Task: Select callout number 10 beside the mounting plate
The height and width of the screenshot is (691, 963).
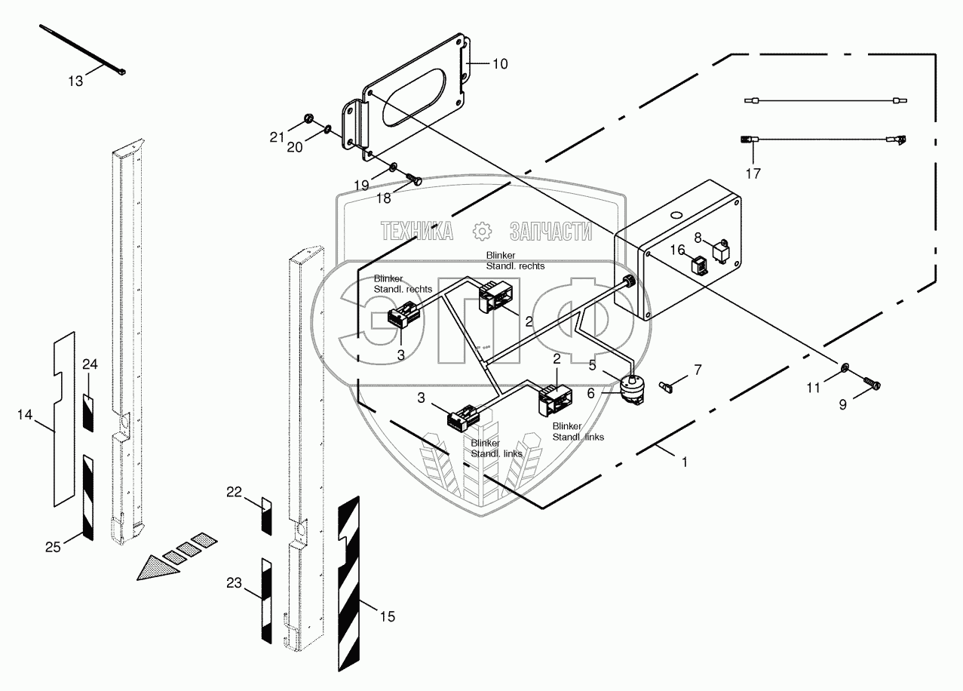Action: pyautogui.click(x=500, y=64)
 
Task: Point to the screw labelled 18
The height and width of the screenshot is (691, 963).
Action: pyautogui.click(x=414, y=179)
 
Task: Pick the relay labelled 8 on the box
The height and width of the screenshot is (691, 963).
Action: pyautogui.click(x=721, y=248)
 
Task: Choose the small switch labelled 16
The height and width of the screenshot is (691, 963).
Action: pyautogui.click(x=698, y=265)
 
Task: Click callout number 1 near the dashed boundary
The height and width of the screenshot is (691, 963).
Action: pyautogui.click(x=684, y=462)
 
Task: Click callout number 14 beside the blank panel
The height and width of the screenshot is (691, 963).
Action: pyautogui.click(x=24, y=414)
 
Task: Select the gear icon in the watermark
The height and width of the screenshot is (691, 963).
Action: pyautogui.click(x=480, y=231)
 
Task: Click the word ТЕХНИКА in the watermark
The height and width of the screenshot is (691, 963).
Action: pyautogui.click(x=417, y=231)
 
